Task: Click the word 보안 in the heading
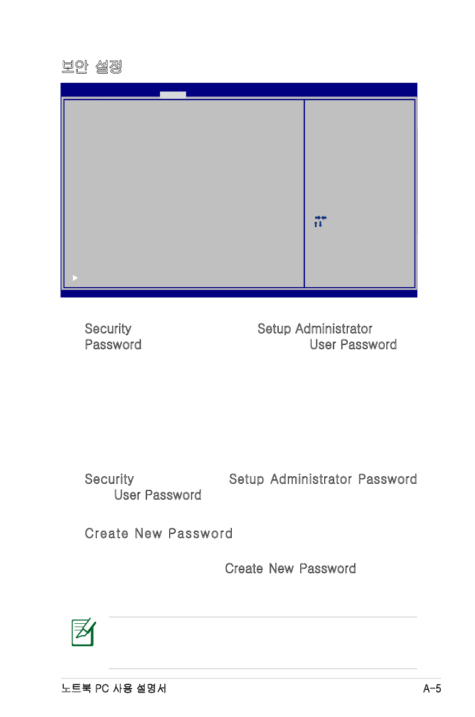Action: pyautogui.click(x=75, y=66)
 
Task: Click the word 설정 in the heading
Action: pyautogui.click(x=109, y=66)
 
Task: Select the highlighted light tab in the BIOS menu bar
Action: pyautogui.click(x=173, y=94)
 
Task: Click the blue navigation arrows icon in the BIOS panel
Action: pyautogui.click(x=320, y=221)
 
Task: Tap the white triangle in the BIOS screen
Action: pyautogui.click(x=75, y=278)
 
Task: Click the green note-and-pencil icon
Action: pyautogui.click(x=84, y=632)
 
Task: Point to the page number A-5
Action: pyautogui.click(x=432, y=688)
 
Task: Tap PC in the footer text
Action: pyautogui.click(x=102, y=688)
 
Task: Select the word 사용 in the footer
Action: pyautogui.click(x=122, y=688)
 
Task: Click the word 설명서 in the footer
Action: pyautogui.click(x=151, y=688)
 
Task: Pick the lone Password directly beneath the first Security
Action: pyautogui.click(x=113, y=345)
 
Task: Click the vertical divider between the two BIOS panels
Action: pyautogui.click(x=304, y=193)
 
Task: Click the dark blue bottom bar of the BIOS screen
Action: pyautogui.click(x=239, y=294)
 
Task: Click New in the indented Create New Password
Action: pyautogui.click(x=281, y=568)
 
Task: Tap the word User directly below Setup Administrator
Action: pyautogui.click(x=323, y=345)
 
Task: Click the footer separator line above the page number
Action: pyautogui.click(x=251, y=678)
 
